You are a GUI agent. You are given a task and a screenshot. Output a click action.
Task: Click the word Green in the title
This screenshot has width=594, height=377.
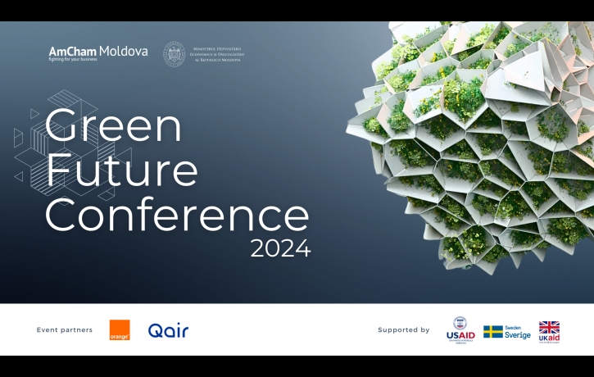[x=113, y=126]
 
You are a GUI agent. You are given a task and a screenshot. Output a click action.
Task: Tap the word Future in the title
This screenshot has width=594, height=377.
[x=121, y=170]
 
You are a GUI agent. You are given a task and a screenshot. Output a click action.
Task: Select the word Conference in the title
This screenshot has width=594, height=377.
[x=177, y=214]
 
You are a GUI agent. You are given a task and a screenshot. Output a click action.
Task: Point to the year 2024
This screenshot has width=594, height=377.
[x=280, y=248]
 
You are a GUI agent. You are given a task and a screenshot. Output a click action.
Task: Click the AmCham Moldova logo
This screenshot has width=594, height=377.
[x=98, y=54]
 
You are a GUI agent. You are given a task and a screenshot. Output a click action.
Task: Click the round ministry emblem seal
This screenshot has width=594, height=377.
[x=174, y=54]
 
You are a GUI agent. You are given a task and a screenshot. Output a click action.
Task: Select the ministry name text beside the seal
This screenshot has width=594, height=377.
[x=218, y=55]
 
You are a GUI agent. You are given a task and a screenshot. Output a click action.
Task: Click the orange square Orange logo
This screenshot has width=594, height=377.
[x=120, y=330]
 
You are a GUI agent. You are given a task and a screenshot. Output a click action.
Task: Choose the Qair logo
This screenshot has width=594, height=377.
[x=168, y=331]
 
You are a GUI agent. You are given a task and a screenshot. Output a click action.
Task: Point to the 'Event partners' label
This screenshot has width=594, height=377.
[x=65, y=330]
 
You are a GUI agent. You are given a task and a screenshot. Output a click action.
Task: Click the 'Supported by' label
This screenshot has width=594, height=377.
[x=403, y=330]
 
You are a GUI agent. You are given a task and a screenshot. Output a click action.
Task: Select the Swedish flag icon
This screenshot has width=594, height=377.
[x=492, y=332]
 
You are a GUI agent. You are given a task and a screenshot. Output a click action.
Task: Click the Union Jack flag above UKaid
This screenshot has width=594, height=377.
[x=549, y=327]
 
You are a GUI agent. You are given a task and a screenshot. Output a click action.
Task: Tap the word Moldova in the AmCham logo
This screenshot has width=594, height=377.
[x=124, y=52]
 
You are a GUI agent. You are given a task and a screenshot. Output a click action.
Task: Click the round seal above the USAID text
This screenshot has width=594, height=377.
[x=460, y=323]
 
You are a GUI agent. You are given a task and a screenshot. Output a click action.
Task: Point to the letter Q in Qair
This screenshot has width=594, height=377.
[x=155, y=331]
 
